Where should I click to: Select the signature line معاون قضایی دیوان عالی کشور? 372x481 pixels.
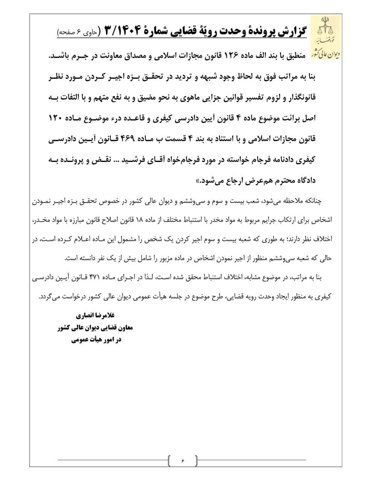pos(96,328)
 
